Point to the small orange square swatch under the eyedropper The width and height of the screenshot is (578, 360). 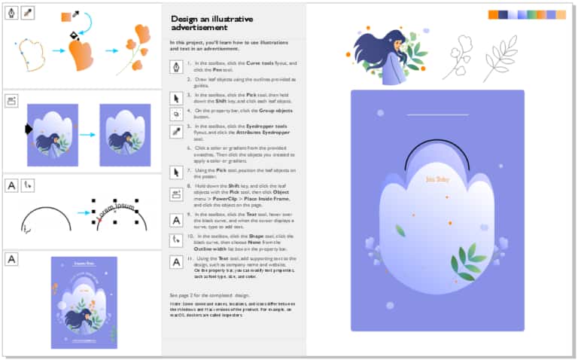click(x=65, y=17)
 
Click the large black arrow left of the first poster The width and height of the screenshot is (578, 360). click(x=29, y=130)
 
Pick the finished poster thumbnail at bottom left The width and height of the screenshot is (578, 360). click(x=84, y=302)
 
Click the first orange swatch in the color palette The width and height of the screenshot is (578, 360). click(x=493, y=14)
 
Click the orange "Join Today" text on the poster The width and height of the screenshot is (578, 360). click(x=437, y=179)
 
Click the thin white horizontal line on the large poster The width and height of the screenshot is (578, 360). click(x=437, y=115)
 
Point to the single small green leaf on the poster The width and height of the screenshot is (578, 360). click(x=401, y=230)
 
